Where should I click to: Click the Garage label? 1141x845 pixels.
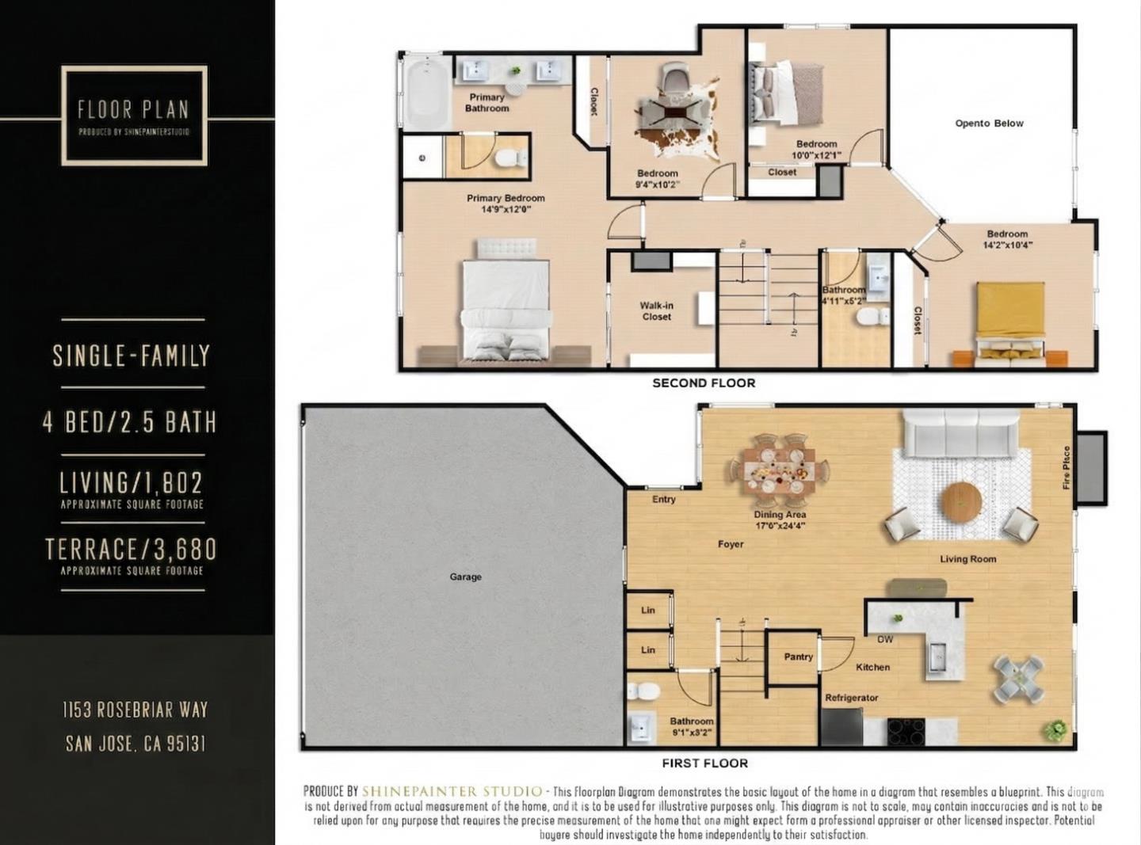tap(465, 577)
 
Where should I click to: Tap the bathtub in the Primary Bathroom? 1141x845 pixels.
tap(427, 93)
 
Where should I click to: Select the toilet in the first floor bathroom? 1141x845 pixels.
tap(643, 691)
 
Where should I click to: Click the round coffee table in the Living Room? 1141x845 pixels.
tap(961, 501)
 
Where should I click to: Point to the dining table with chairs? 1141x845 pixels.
tap(779, 473)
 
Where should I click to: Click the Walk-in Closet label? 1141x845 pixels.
tap(656, 311)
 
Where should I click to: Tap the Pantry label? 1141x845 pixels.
tap(798, 657)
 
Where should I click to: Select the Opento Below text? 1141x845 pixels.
tap(989, 124)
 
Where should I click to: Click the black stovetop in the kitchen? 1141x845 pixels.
tap(906, 731)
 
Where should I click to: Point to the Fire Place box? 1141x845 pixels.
tap(1090, 467)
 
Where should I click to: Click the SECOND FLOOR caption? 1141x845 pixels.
tap(704, 383)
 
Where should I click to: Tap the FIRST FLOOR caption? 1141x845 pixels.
tap(704, 763)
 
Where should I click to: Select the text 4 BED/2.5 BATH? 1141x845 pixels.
tap(131, 422)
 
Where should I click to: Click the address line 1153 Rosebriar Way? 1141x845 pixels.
tap(135, 710)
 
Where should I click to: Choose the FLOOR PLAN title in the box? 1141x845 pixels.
tap(133, 109)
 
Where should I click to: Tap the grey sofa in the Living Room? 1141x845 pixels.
tap(960, 432)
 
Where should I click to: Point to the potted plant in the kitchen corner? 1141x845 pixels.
tap(1055, 729)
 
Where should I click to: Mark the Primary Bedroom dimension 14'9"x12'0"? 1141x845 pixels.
tap(506, 210)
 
